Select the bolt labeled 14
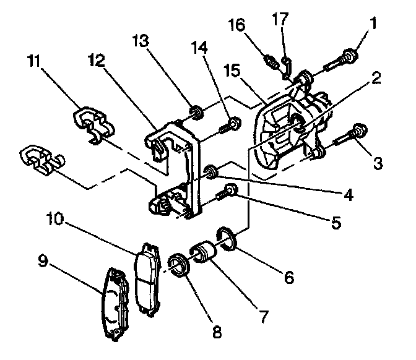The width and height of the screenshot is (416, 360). (x=230, y=127)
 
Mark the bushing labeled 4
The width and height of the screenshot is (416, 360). (x=210, y=171)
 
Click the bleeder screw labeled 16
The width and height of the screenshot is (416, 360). (x=272, y=62)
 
